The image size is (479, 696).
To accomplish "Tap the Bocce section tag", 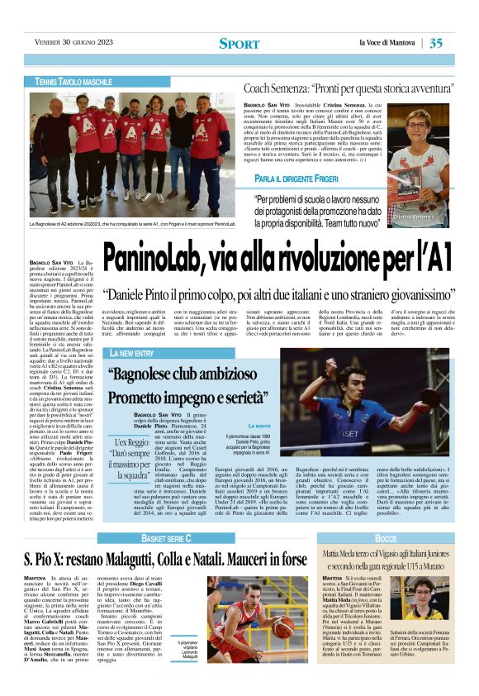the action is click(386, 537).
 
